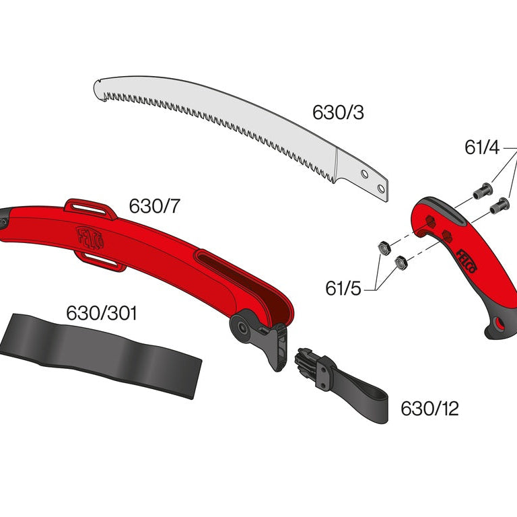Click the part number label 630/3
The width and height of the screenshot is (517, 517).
[x=338, y=112]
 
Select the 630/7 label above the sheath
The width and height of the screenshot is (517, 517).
[x=155, y=207]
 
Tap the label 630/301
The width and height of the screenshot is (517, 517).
[x=102, y=313]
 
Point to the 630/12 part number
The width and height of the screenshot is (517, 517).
[x=429, y=409]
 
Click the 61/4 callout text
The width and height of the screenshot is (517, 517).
[x=482, y=147]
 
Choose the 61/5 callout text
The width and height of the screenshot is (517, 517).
[x=343, y=289]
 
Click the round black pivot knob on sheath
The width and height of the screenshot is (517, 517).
[x=240, y=326]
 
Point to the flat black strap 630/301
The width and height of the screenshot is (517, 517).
[x=101, y=353]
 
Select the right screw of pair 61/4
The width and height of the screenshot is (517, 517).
[x=499, y=205]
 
